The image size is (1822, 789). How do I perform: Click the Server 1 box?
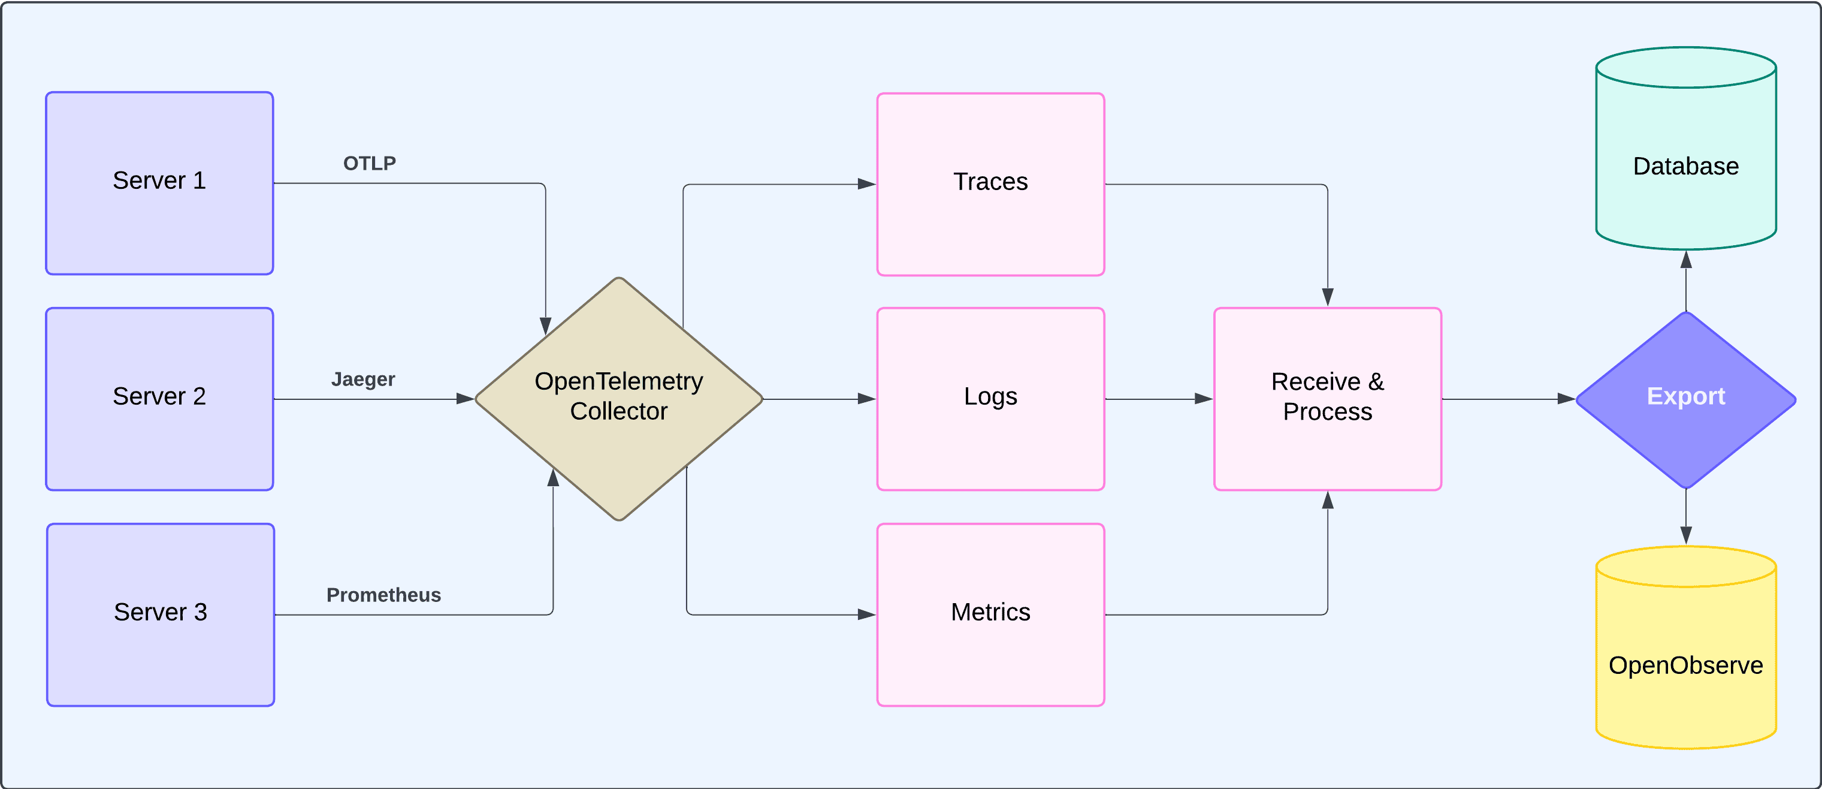click(159, 183)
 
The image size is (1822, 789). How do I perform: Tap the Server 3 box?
click(161, 614)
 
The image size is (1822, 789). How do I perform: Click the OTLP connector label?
click(369, 164)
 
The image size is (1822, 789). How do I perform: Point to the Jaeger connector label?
click(363, 380)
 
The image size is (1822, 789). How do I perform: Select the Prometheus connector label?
click(383, 595)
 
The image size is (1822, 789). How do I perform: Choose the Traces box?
click(990, 184)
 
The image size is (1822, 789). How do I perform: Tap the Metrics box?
click(990, 614)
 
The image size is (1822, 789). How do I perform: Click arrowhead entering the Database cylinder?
click(1686, 259)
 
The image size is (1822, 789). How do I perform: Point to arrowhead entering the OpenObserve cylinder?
click(1686, 535)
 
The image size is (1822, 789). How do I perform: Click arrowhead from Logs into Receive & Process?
click(1204, 399)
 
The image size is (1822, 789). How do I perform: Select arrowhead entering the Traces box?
click(866, 184)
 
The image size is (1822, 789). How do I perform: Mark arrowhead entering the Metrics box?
click(866, 614)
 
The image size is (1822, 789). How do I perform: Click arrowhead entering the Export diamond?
click(1566, 399)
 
